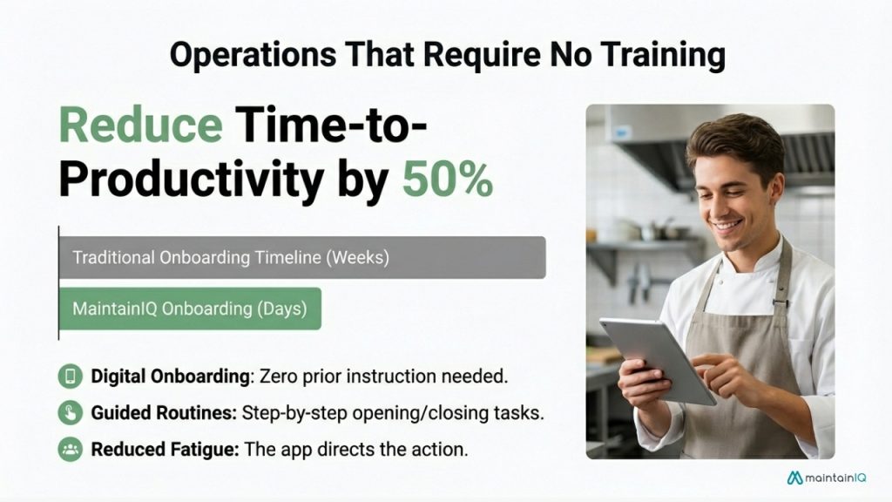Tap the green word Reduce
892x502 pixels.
[140, 126]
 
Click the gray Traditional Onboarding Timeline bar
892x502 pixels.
[301, 258]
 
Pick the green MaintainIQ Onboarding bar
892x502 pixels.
[190, 309]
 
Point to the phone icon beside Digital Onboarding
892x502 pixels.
[69, 376]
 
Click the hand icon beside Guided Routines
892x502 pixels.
[69, 413]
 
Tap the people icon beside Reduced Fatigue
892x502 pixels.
[69, 450]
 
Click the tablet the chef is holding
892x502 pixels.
[658, 358]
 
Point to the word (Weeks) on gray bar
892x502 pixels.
[359, 259]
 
